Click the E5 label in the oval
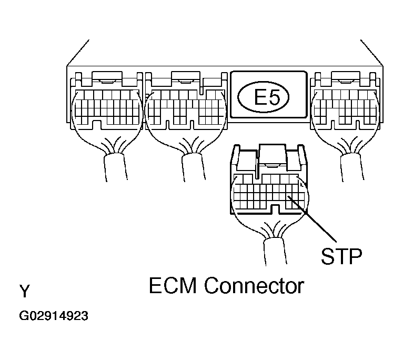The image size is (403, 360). (x=267, y=98)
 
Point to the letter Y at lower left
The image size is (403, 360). (x=24, y=291)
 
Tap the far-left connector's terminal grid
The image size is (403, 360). (x=105, y=105)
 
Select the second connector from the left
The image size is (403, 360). (x=184, y=105)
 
